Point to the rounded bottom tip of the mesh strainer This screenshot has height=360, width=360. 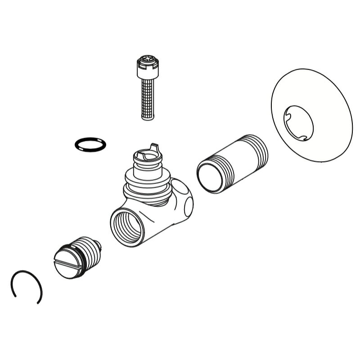tap(148, 117)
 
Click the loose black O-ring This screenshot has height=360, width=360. tap(90, 144)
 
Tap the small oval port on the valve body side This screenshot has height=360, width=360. tap(189, 205)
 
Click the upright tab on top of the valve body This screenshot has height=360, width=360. tap(156, 147)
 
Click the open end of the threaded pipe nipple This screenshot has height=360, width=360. tap(210, 177)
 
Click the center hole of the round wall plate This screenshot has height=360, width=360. tap(298, 121)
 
